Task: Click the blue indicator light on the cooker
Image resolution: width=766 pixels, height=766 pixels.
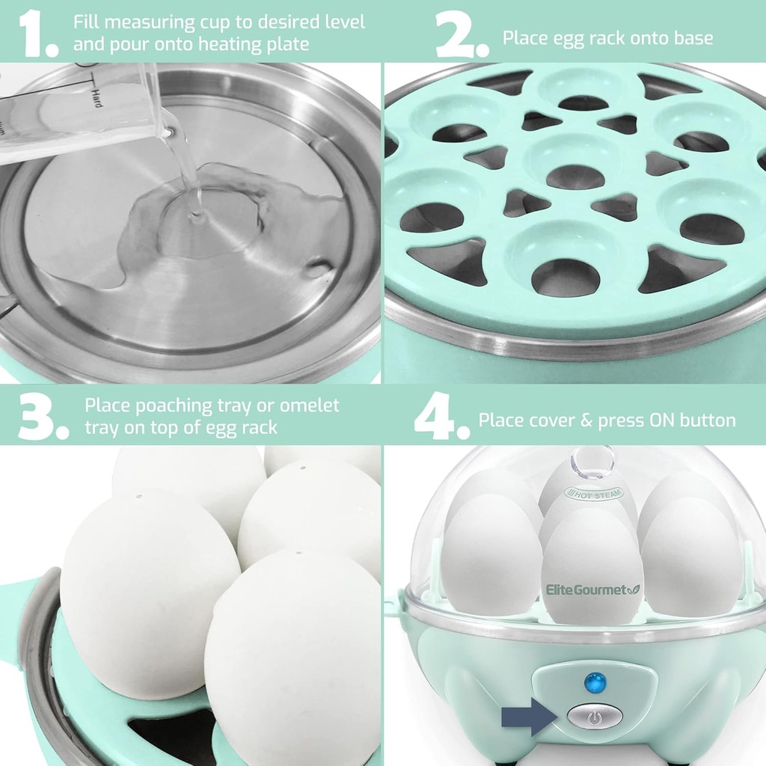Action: click(x=595, y=681)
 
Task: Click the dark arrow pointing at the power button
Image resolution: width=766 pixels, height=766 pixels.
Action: click(x=529, y=716)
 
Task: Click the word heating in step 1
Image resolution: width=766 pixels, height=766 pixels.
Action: click(x=218, y=44)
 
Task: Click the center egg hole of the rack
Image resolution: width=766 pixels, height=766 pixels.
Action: click(x=574, y=177)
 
